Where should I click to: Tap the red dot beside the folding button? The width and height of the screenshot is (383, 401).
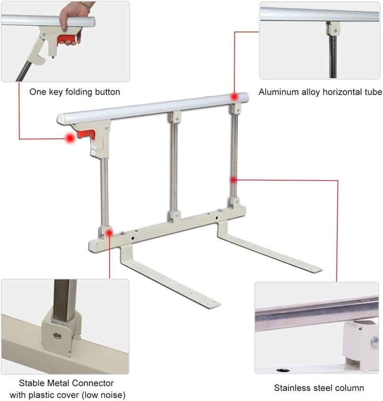pos(69,138)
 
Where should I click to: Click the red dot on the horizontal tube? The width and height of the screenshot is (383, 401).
pos(234,96)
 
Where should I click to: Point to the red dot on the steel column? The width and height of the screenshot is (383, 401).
pos(233,180)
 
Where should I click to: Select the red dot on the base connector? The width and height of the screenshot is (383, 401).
pos(110,233)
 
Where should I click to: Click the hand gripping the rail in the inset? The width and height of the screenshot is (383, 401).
pos(72,21)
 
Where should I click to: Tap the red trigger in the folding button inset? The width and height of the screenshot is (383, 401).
pos(68,39)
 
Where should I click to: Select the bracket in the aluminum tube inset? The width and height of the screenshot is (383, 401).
pos(333,28)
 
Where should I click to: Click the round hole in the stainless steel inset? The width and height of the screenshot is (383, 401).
pos(283,370)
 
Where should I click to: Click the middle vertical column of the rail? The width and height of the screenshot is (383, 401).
pos(174,166)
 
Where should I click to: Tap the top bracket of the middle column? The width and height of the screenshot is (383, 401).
pos(174,117)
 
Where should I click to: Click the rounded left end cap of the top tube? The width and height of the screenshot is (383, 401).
pos(61,119)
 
